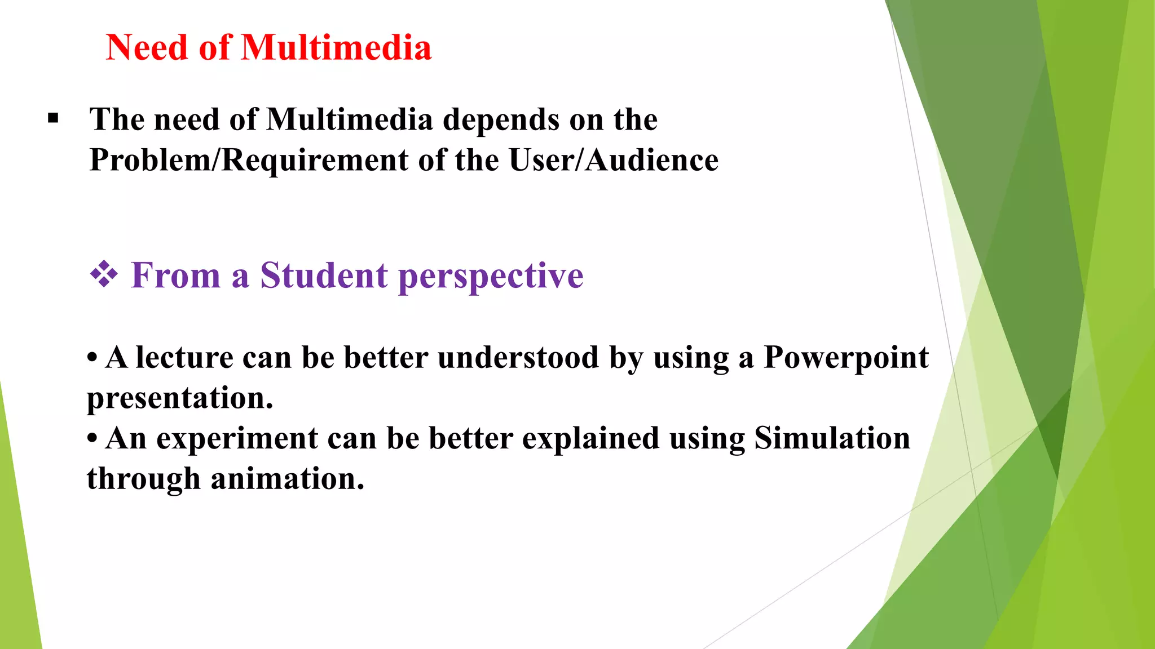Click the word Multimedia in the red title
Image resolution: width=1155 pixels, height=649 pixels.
pos(337,47)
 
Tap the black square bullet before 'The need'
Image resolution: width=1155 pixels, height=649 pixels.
pos(53,119)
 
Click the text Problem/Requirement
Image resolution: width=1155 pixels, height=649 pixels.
pos(249,161)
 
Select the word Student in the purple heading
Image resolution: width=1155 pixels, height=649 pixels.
pos(324,275)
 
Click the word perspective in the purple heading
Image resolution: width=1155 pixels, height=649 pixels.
pos(491,277)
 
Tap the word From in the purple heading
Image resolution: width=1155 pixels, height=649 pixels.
pos(175,275)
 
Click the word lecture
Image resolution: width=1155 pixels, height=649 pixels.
pos(184,358)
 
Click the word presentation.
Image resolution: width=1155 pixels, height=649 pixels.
pos(179,399)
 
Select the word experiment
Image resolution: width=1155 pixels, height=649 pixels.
pos(237,439)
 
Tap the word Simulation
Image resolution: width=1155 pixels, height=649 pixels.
pos(832,438)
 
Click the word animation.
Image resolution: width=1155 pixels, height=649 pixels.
pos(287,479)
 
